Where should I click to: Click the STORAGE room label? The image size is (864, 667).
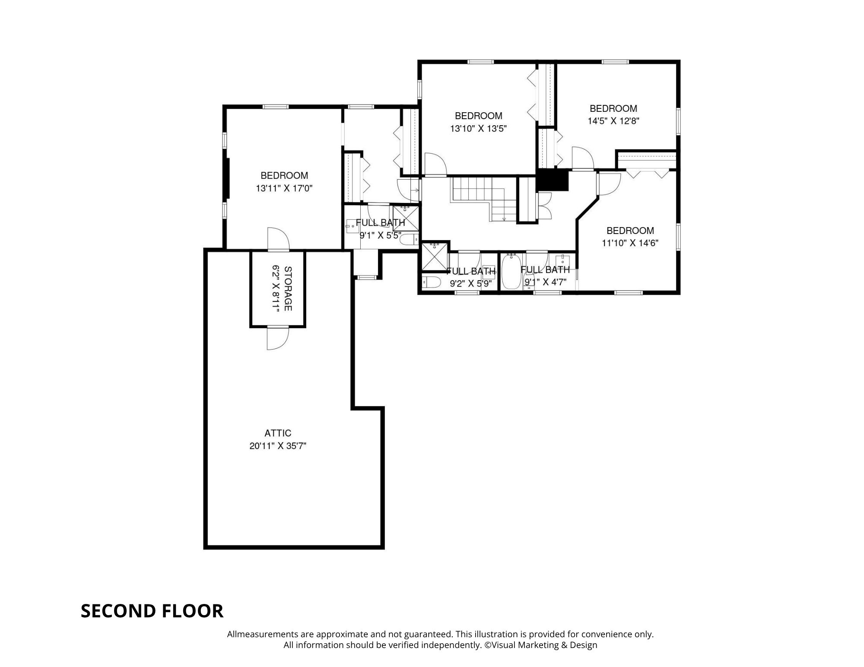click(x=288, y=289)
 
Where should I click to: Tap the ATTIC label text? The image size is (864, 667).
click(x=278, y=433)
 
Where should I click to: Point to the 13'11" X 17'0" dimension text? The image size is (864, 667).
click(x=284, y=188)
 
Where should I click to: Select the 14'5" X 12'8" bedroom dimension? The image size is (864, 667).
click(x=613, y=121)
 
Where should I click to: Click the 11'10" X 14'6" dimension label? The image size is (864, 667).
click(x=630, y=243)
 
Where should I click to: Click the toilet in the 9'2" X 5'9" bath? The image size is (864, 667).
click(x=431, y=283)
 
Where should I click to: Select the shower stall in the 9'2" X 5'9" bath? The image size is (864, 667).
click(x=435, y=257)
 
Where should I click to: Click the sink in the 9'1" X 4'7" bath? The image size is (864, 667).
click(x=562, y=261)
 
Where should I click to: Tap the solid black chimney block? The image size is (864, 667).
click(x=553, y=180)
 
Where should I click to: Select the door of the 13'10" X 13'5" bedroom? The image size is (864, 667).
click(x=435, y=164)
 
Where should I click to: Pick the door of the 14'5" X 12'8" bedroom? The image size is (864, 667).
click(x=583, y=158)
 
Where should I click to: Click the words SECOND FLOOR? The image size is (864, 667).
click(x=152, y=611)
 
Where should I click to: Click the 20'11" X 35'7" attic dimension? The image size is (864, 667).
click(x=278, y=446)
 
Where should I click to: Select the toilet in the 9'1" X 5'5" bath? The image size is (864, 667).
click(x=409, y=239)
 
